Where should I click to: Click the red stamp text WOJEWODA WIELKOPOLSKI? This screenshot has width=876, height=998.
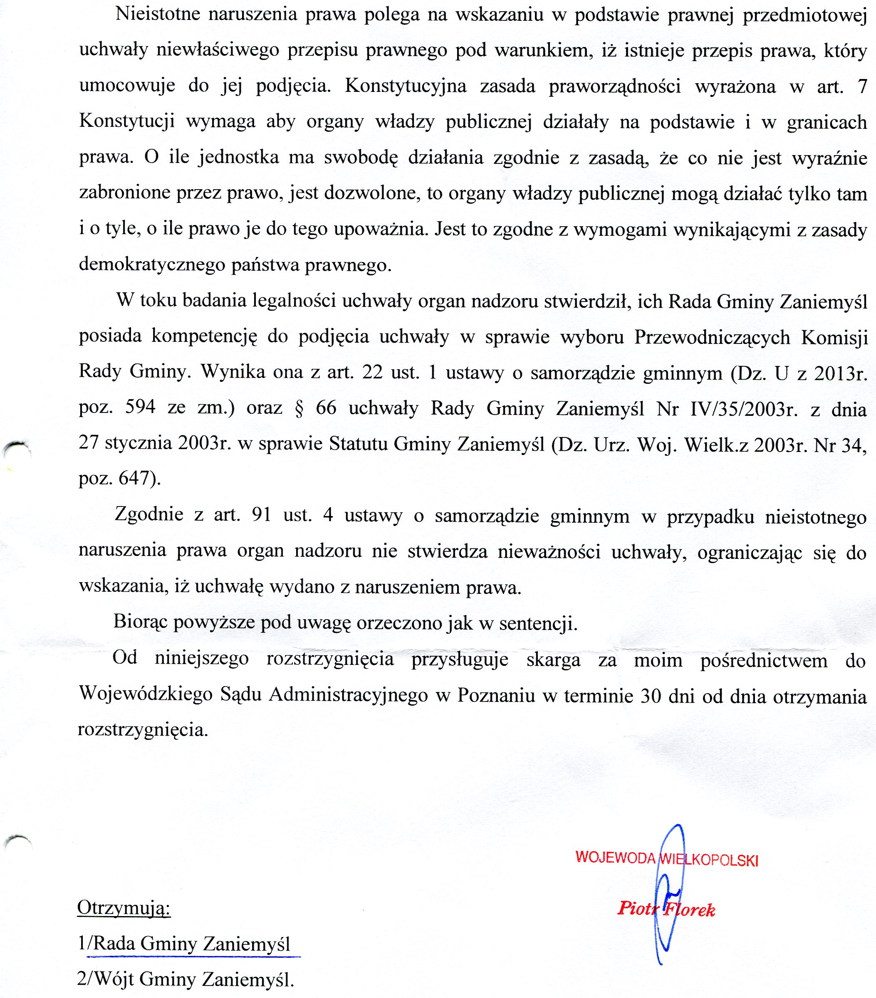(x=666, y=858)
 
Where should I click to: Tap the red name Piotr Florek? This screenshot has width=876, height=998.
(x=666, y=909)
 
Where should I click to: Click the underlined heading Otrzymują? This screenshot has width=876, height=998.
(x=124, y=908)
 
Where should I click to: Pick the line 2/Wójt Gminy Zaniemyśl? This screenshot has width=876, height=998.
(x=186, y=978)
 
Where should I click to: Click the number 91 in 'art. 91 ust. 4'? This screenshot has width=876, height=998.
(x=261, y=515)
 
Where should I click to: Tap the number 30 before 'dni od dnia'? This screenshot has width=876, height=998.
(x=651, y=695)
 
